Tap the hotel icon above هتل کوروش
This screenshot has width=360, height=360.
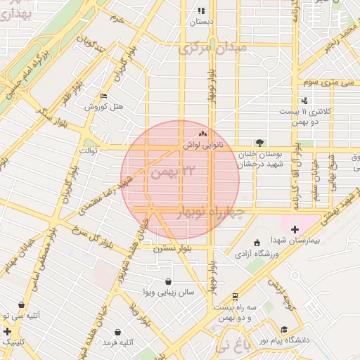105,96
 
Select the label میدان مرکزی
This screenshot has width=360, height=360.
214,49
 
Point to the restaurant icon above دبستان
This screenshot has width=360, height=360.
201,11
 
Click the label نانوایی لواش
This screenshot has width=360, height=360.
203,145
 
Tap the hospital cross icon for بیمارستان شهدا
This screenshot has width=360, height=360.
295,229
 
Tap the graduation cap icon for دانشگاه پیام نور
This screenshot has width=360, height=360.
284,329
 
